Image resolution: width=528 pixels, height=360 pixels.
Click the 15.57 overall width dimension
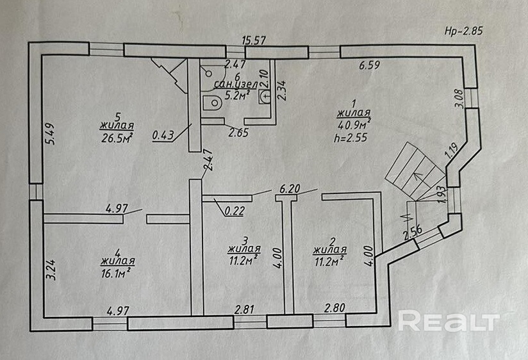point(253,40)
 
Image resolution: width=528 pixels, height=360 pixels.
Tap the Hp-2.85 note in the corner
point(463,30)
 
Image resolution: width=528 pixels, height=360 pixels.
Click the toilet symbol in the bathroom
point(211,102)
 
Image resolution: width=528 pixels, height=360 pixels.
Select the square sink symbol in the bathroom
point(265,97)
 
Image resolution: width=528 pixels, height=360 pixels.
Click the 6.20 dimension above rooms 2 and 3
point(290,190)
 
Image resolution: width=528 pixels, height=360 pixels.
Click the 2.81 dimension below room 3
point(245,309)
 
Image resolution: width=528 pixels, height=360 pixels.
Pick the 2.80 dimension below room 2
point(335,307)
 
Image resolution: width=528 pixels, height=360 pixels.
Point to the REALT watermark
point(448,321)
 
